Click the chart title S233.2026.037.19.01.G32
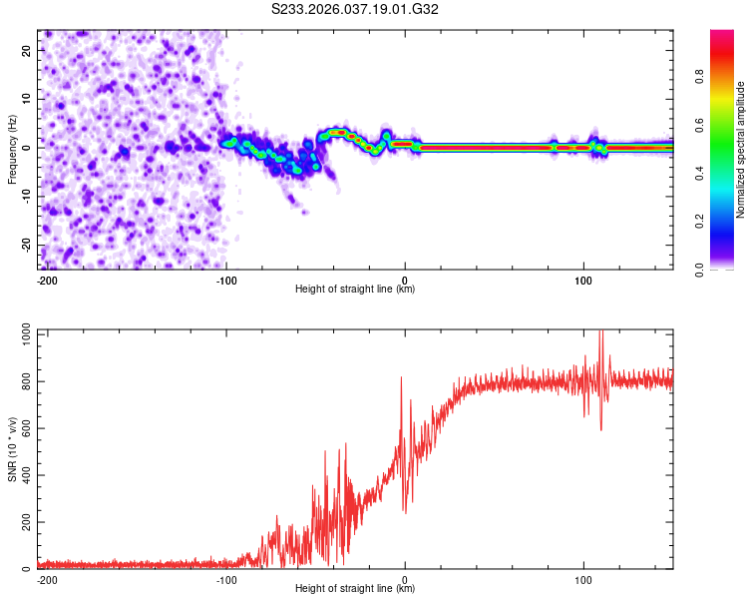(356, 9)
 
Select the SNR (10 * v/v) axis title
(12, 448)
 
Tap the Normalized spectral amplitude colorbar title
(741, 150)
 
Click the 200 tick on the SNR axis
(25, 522)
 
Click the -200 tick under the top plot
(46, 279)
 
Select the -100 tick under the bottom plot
(225, 578)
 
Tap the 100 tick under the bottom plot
(583, 578)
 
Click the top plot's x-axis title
(355, 290)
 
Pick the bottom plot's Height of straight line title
(355, 589)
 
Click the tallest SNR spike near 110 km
(600, 332)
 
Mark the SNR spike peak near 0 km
(401, 377)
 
